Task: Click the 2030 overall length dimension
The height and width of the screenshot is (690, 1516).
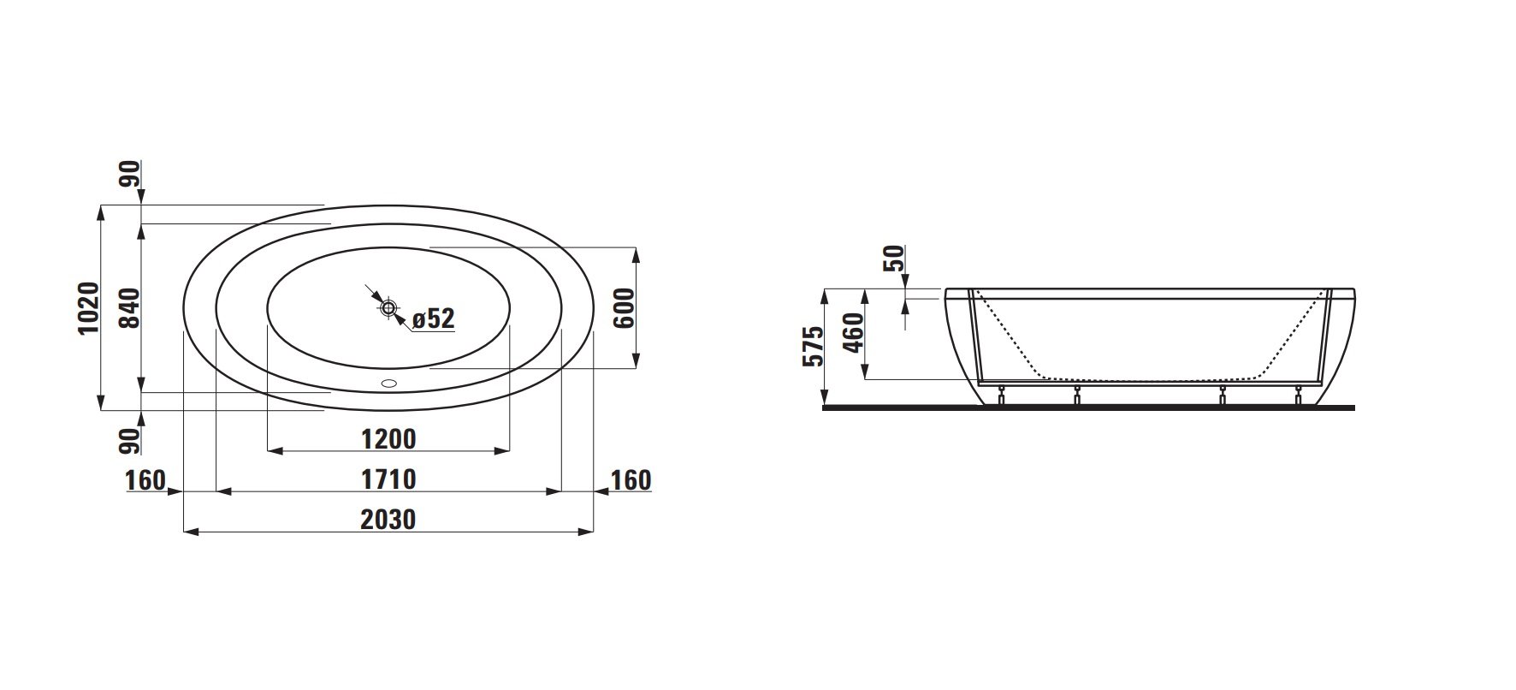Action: pos(388,519)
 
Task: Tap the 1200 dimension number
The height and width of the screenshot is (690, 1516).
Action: pos(388,439)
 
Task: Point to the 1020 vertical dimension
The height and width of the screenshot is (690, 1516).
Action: pos(90,307)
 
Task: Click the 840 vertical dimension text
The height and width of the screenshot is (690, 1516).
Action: pos(128,307)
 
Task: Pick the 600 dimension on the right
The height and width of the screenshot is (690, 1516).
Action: pos(624,307)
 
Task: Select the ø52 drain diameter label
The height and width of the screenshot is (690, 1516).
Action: pos(433,319)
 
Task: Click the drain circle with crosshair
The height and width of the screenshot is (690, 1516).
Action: pos(388,307)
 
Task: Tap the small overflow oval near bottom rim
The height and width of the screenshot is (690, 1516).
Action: pos(389,384)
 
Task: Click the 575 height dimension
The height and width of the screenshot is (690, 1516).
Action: pos(814,346)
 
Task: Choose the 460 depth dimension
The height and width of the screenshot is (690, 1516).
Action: pos(853,334)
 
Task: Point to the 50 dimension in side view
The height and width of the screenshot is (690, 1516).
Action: pos(892,258)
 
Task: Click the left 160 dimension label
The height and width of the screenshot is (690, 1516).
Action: pos(145,480)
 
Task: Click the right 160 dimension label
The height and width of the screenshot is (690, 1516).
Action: pos(631,480)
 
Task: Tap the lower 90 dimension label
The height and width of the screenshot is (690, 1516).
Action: pos(128,442)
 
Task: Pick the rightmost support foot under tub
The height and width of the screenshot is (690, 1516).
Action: pos(1299,396)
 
